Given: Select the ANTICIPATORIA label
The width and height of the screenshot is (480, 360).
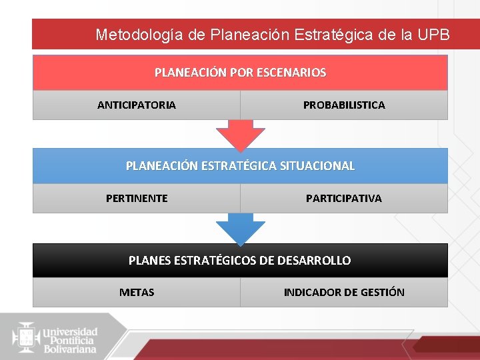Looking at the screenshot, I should tap(137, 105).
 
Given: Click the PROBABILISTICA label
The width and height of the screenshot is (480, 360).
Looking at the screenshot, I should tap(344, 105).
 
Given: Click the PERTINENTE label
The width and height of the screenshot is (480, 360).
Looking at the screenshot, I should tap(137, 199).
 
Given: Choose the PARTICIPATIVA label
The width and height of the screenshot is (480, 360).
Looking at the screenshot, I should tap(344, 199).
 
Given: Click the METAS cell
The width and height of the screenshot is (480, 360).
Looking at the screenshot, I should tap(137, 293).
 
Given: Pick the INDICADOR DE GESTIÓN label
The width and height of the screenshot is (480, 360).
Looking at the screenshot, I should tap(344, 293).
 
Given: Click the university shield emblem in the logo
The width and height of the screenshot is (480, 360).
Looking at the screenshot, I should tap(26, 337).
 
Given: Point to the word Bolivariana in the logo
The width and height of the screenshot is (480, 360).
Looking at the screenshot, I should tap(70, 349).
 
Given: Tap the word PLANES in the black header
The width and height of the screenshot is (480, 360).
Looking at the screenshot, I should tap(149, 261).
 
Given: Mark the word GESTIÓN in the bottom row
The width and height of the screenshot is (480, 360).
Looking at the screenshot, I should tap(383, 293).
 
